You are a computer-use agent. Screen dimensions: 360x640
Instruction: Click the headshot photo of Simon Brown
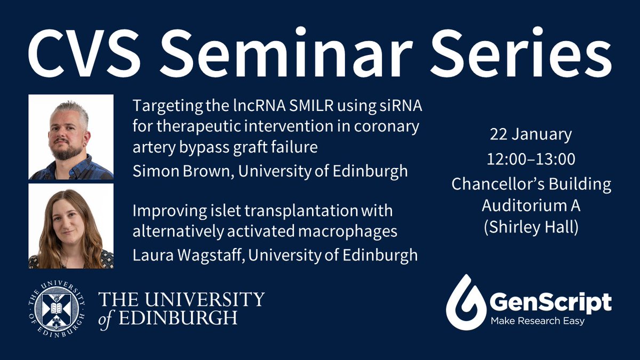[x=71, y=137]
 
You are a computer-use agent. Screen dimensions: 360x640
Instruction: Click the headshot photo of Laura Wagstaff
[x=71, y=226]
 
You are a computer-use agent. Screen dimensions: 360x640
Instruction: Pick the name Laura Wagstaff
[x=188, y=255]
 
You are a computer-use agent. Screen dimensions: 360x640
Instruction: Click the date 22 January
[x=531, y=134]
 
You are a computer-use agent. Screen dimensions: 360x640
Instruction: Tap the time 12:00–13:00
[x=531, y=159]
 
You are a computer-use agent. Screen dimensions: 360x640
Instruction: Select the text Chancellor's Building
[x=531, y=185]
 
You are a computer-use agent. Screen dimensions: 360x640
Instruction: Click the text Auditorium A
[x=531, y=205]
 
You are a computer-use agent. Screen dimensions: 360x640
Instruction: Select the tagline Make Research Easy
[x=538, y=321]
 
